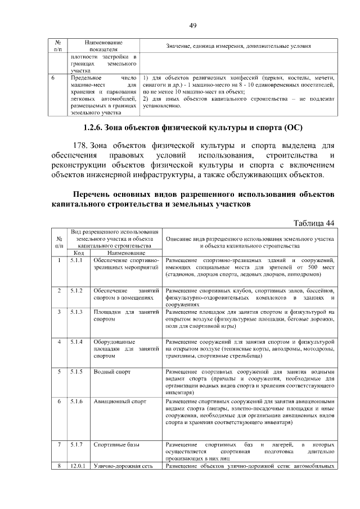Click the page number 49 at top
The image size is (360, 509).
tap(192, 25)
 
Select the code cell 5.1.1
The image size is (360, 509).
tap(76, 261)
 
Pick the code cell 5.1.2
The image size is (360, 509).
tap(76, 290)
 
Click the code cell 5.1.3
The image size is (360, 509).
tap(76, 312)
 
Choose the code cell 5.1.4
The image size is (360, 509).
tap(76, 341)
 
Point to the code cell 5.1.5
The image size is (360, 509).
tap(76, 371)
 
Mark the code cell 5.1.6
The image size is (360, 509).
tap(76, 402)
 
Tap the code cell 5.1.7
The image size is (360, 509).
tap(76, 444)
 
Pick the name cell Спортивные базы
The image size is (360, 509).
tap(116, 444)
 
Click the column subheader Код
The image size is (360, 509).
tap(79, 253)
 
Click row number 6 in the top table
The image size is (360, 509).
tap(51, 78)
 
